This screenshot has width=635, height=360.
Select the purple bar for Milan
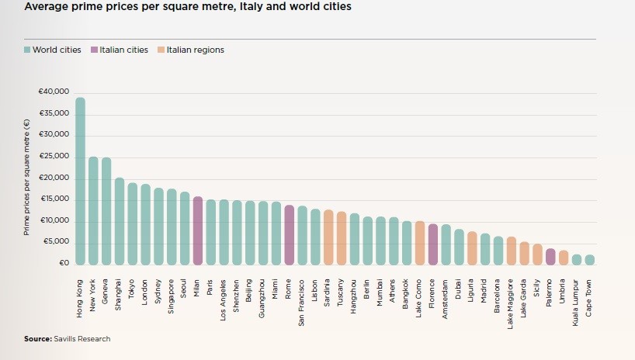point(197,230)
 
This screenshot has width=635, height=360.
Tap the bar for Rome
point(289,235)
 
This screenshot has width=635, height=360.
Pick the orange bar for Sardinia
point(328,237)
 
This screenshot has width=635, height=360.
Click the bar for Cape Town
point(589,260)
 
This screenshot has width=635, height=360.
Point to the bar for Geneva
point(106,211)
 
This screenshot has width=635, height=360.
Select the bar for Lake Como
point(419,243)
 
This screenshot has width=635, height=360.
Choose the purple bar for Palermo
point(550,257)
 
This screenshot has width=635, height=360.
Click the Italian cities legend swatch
point(94,50)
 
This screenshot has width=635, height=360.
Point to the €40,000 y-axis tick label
point(54,92)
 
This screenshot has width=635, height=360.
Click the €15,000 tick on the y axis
point(54,199)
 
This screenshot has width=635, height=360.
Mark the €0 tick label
point(64,264)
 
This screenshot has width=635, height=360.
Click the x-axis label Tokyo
point(133,291)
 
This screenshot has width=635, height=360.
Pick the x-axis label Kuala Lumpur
point(576,299)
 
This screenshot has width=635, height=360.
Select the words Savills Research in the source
point(82,339)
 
